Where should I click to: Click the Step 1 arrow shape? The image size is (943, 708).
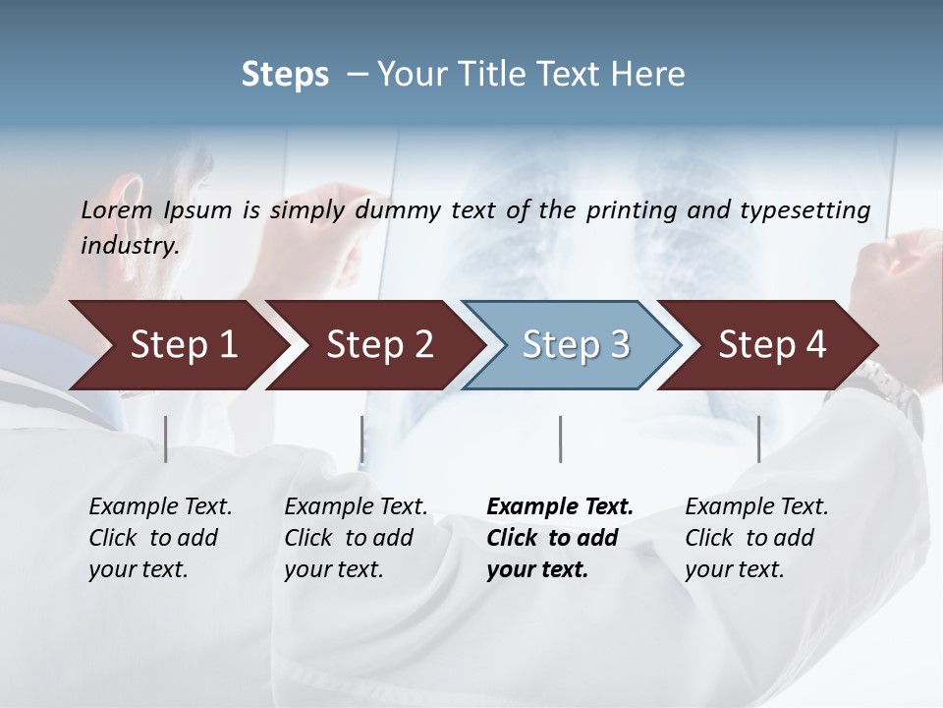[x=177, y=345]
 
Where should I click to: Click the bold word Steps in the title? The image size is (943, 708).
[x=285, y=75]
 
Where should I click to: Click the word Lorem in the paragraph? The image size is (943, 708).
[x=116, y=209]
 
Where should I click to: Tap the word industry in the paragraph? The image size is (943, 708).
[x=129, y=246]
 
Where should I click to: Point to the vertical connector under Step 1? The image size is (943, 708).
[x=165, y=439]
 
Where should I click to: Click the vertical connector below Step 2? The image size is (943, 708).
[x=361, y=439]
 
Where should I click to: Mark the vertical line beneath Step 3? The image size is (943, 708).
[x=560, y=439]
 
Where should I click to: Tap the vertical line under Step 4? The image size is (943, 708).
[x=758, y=439]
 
